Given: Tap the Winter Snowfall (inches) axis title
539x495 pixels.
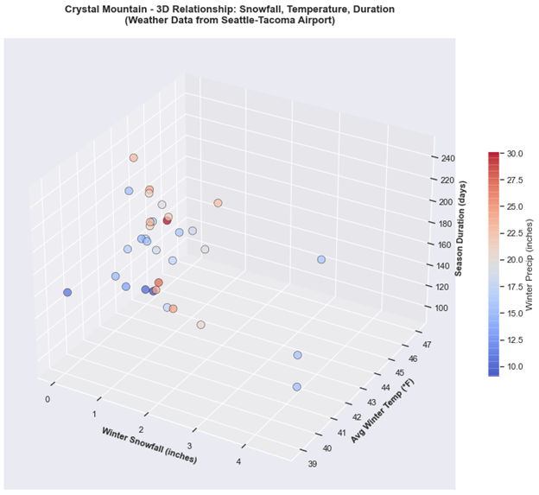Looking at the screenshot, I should point(149,445).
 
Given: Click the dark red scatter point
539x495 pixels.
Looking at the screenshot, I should point(168,220).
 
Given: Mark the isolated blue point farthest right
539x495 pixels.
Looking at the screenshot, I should point(321,259).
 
